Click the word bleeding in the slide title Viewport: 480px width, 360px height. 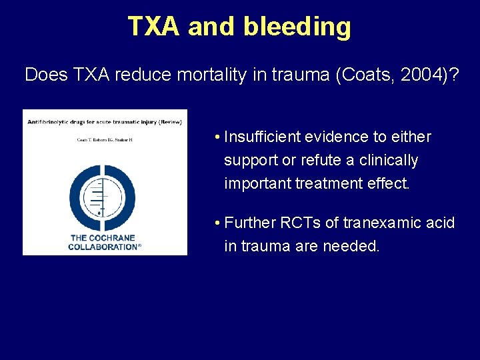coord(297,27)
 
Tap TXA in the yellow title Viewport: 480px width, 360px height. coord(154,27)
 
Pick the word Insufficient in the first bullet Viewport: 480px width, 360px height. coord(263,137)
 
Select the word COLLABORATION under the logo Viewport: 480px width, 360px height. coord(103,247)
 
